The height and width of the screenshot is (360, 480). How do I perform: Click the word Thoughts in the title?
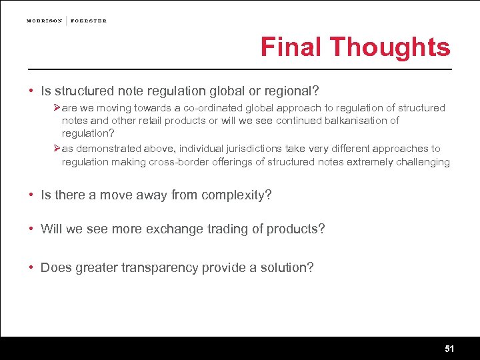(390, 47)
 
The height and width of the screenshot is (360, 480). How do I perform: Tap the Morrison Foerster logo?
(67, 21)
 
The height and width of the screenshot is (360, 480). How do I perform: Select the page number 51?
(449, 349)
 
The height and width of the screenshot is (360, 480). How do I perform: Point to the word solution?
(285, 268)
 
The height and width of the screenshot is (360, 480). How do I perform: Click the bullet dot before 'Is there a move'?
(31, 195)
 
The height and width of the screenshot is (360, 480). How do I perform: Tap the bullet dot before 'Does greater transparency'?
(31, 268)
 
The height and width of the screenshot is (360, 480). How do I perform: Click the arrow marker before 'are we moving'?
(57, 108)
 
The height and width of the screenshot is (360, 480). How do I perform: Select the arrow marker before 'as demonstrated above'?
(57, 149)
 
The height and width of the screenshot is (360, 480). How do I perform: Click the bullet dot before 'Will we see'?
(31, 229)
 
